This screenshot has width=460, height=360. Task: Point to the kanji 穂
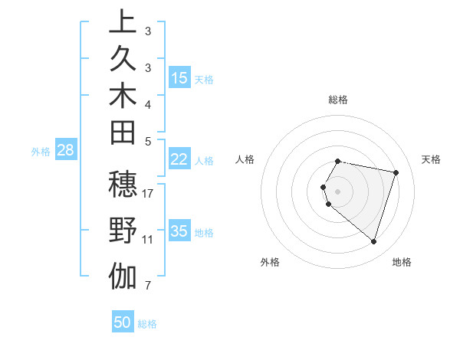point(123,186)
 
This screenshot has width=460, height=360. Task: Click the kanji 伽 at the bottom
point(123,276)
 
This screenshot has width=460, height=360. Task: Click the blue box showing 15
point(179,78)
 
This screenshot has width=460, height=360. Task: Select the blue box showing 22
point(179,159)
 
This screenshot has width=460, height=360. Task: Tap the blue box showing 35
point(179,231)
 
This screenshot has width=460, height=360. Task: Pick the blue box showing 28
point(65,150)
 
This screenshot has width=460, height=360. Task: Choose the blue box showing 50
point(123,322)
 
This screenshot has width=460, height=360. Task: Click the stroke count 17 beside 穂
point(148,193)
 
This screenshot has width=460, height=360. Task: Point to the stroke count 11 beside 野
point(148,240)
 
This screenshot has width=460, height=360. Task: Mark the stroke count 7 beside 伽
point(148,286)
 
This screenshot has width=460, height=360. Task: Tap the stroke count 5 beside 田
point(148,141)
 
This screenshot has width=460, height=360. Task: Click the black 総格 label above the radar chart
point(338,100)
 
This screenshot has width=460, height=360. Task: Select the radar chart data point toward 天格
point(396,172)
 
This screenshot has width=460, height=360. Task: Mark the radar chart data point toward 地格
point(373,241)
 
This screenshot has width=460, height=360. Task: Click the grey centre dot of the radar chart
point(338,191)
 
